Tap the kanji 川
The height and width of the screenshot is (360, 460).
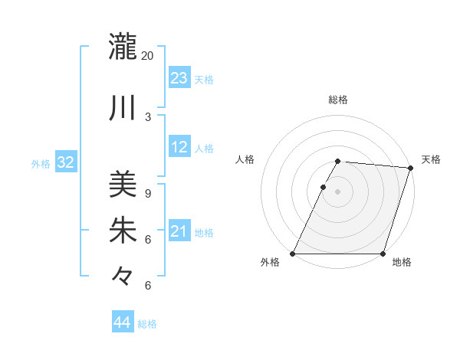click(123, 107)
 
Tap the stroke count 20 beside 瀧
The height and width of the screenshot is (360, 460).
click(148, 56)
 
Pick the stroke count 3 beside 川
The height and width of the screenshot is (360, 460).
click(148, 116)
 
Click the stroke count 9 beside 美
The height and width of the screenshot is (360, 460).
click(148, 194)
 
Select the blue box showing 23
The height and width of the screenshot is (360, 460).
click(179, 78)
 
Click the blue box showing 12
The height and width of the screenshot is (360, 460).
click(179, 147)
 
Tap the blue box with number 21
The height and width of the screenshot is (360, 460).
click(179, 231)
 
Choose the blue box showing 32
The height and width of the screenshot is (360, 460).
click(65, 162)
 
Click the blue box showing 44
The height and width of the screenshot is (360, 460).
click(122, 322)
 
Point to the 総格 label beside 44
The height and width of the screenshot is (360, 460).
click(147, 324)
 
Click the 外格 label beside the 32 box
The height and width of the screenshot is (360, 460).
click(41, 163)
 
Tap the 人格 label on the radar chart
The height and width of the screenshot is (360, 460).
click(245, 159)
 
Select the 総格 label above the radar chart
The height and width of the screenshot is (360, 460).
click(337, 100)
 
